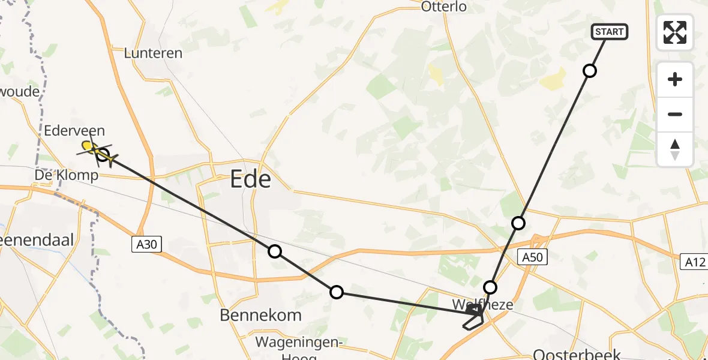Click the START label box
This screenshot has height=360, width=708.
[x=610, y=32]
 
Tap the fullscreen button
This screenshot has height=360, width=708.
[x=675, y=32]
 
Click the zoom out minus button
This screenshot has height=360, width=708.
[x=675, y=114]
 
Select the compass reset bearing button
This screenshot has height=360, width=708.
[x=675, y=149]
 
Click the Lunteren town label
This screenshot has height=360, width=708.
[x=153, y=53]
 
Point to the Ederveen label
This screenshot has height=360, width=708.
[x=74, y=131]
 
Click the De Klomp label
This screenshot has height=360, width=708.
[x=66, y=176]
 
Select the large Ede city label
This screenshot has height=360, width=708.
[x=251, y=179]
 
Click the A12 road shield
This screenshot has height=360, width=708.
[x=694, y=262]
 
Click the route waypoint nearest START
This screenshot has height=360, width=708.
[x=590, y=71]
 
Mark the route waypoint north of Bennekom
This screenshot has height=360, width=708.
[x=275, y=251]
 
